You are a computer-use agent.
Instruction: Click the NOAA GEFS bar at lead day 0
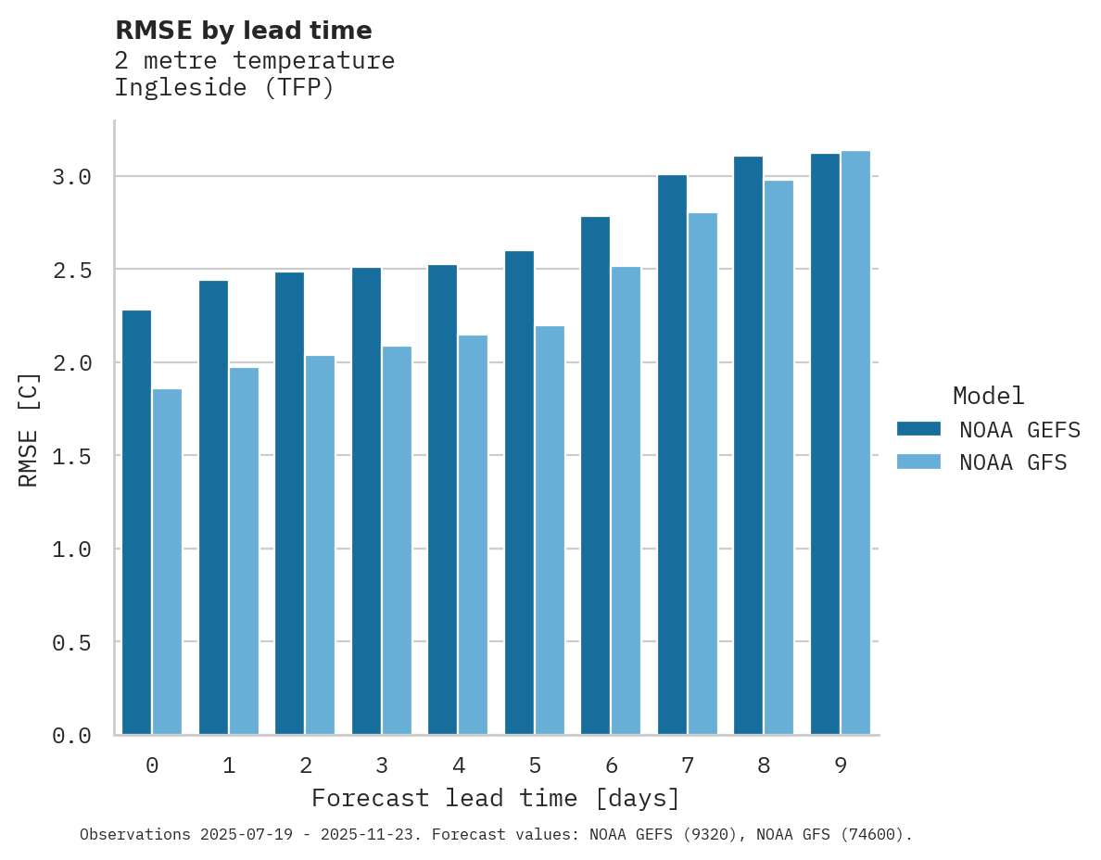point(136,523)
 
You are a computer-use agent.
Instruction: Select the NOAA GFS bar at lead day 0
point(167,562)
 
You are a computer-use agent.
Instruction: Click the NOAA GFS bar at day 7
point(702,474)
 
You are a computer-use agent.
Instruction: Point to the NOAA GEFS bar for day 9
point(825,444)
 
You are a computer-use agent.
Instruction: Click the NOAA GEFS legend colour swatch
point(918,429)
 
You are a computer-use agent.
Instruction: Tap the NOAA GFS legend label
point(1013,462)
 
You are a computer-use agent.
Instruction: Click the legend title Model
point(988,396)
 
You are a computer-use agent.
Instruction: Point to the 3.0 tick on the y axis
point(71,177)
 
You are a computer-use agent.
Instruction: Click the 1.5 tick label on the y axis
point(71,456)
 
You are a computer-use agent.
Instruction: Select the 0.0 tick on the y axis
point(71,736)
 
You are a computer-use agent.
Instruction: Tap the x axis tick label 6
point(612,765)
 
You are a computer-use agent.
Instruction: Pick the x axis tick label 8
point(764,765)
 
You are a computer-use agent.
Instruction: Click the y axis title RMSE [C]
point(29,429)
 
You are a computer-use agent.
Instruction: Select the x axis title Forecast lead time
point(496,798)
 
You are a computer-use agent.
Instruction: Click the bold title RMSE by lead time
point(244,31)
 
